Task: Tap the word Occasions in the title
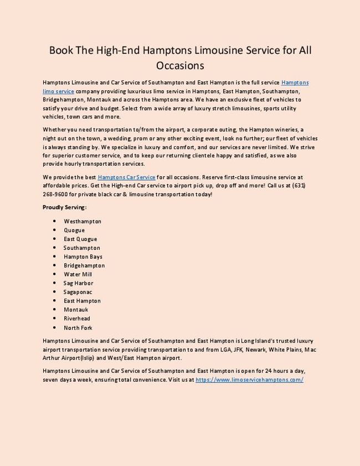pos(180,66)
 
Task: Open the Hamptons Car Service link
pos(126,177)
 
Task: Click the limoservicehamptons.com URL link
pos(249,381)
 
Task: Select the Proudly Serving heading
pos(64,207)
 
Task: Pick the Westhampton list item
pos(83,221)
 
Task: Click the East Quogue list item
pos(80,239)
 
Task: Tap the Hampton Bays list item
pos(83,257)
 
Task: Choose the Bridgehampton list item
pos(84,265)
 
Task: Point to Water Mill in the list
pos(78,274)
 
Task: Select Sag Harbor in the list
pos(78,283)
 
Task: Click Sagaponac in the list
pos(78,292)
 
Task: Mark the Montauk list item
pos(76,310)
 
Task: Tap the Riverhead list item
pos(77,319)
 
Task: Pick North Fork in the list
pos(78,327)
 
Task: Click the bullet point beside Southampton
pos(55,248)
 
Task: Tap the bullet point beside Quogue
pos(55,230)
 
